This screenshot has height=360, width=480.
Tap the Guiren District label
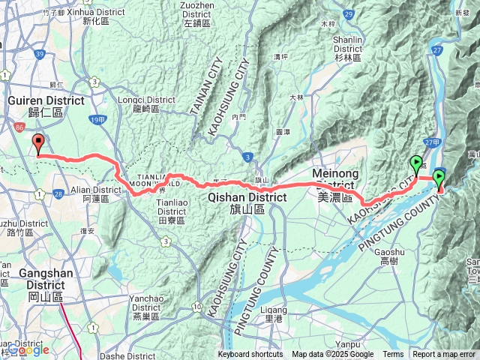pos(35,104)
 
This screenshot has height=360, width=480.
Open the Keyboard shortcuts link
pos(250,355)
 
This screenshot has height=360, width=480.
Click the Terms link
pos(393,355)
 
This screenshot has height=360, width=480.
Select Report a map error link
pos(444,355)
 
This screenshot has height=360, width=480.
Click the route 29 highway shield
pos(348,14)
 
